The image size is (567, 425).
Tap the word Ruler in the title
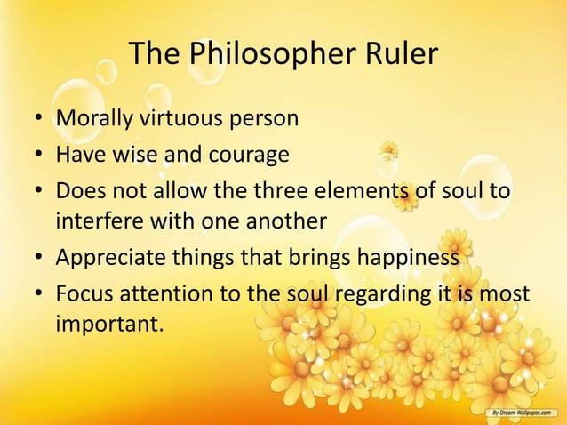click(x=401, y=54)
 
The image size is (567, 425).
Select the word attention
click(x=164, y=294)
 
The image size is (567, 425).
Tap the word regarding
click(x=374, y=295)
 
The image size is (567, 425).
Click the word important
click(x=110, y=324)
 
